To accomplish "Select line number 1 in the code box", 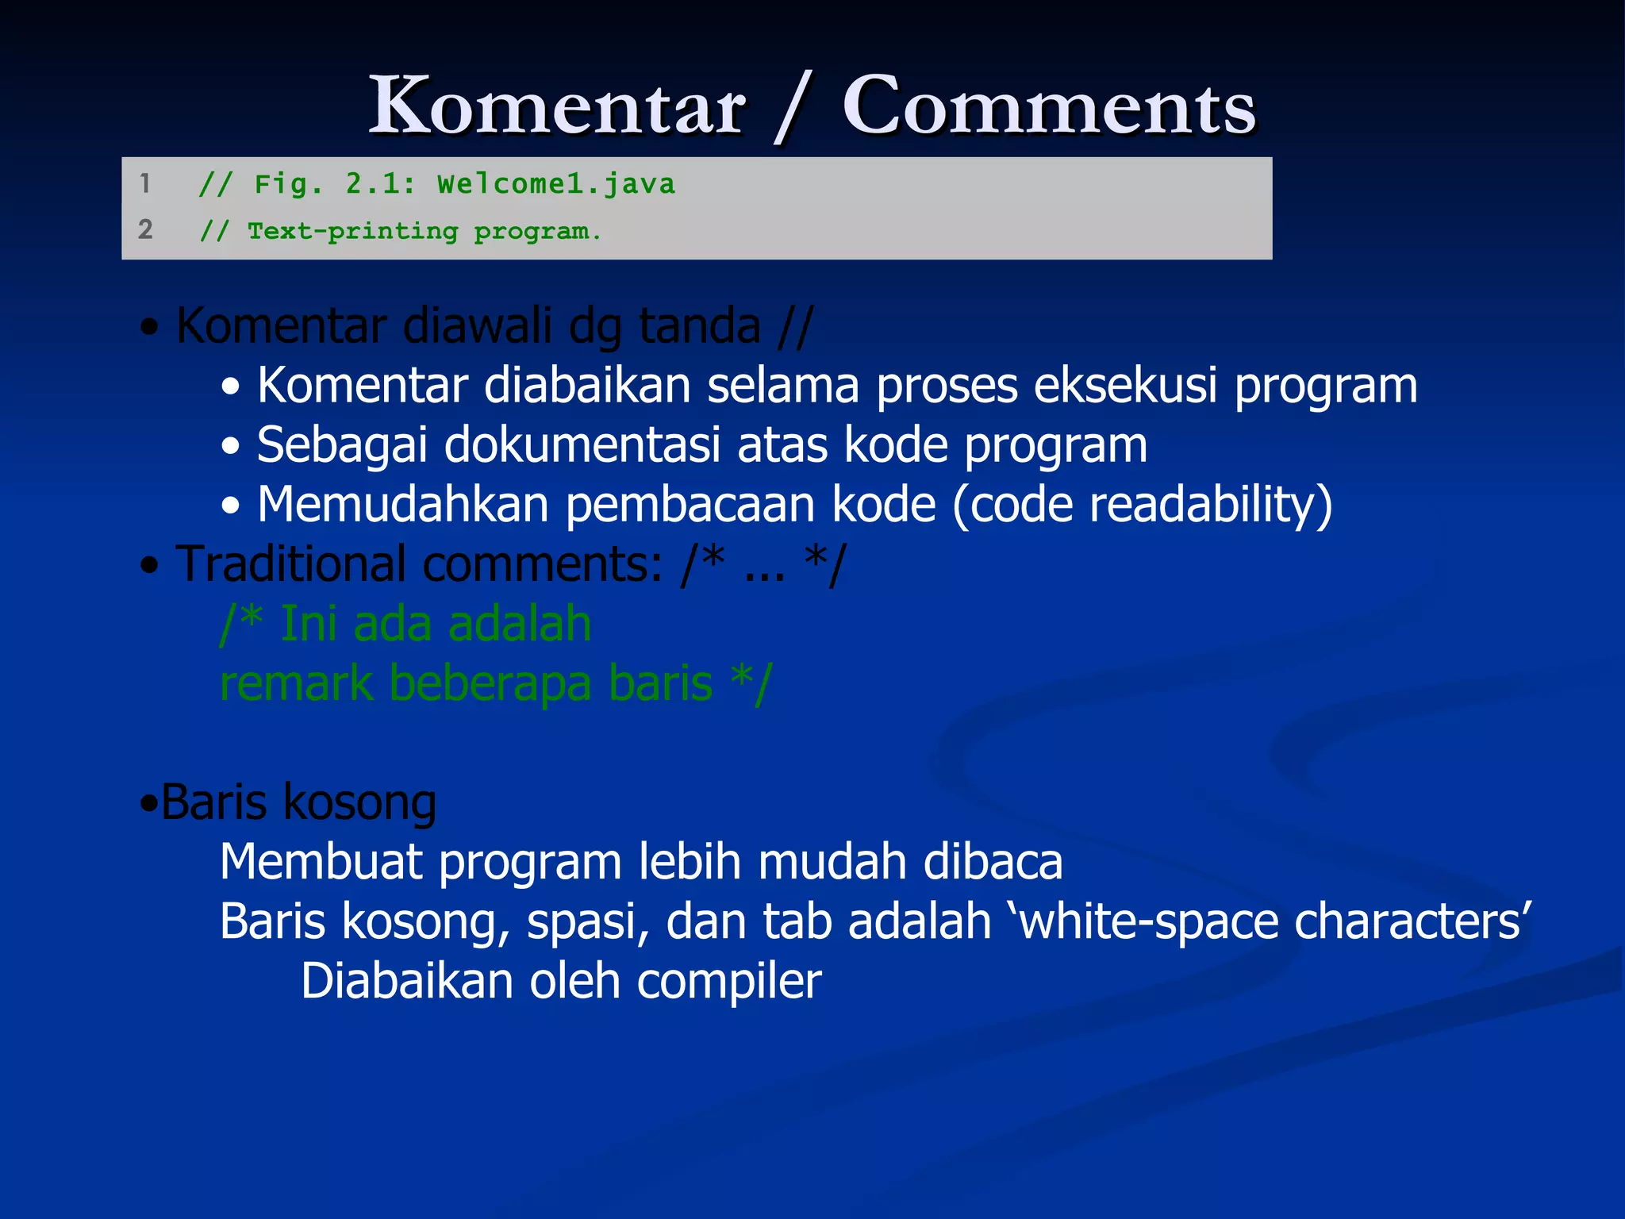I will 144,183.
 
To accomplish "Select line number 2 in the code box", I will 145,229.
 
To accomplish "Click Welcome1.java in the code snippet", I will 555,184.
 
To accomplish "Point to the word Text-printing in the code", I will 353,231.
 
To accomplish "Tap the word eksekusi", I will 1126,386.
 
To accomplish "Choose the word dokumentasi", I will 582,445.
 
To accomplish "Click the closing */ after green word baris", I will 751,683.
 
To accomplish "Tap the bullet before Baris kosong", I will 148,803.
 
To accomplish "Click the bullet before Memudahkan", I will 231,506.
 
